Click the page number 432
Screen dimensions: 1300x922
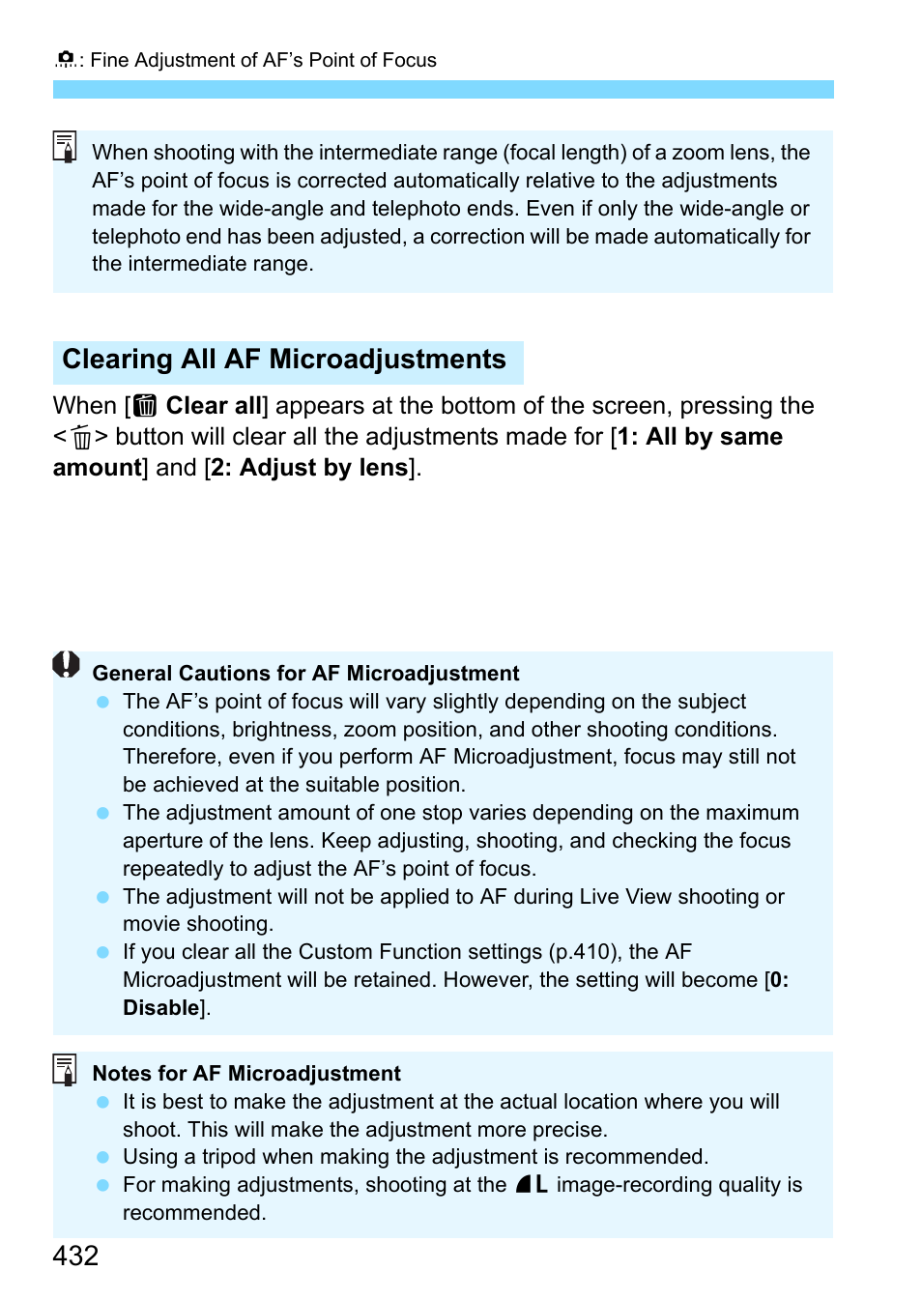pyautogui.click(x=75, y=1256)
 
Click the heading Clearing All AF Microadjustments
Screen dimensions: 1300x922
pyautogui.click(x=284, y=360)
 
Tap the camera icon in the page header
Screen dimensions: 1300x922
pyautogui.click(x=66, y=60)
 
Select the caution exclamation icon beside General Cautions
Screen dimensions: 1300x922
pyautogui.click(x=66, y=665)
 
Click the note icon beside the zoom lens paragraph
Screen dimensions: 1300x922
pyautogui.click(x=65, y=147)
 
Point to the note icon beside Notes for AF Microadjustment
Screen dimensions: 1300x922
pyautogui.click(x=65, y=1069)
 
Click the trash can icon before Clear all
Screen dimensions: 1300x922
pyautogui.click(x=145, y=406)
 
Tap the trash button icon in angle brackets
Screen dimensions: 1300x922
pyautogui.click(x=81, y=438)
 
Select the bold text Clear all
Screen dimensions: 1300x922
pyautogui.click(x=214, y=406)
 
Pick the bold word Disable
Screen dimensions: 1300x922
pyautogui.click(x=160, y=1008)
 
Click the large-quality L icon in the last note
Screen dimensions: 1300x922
pyautogui.click(x=532, y=1185)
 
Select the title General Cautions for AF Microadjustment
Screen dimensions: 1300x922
pyautogui.click(x=305, y=674)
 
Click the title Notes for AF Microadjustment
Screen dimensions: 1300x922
pyautogui.click(x=246, y=1074)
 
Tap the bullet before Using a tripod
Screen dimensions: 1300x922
pyautogui.click(x=103, y=1157)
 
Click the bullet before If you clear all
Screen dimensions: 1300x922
pyautogui.click(x=103, y=952)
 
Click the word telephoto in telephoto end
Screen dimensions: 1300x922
pyautogui.click(x=131, y=237)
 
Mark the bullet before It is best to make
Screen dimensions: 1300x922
pyautogui.click(x=103, y=1102)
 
